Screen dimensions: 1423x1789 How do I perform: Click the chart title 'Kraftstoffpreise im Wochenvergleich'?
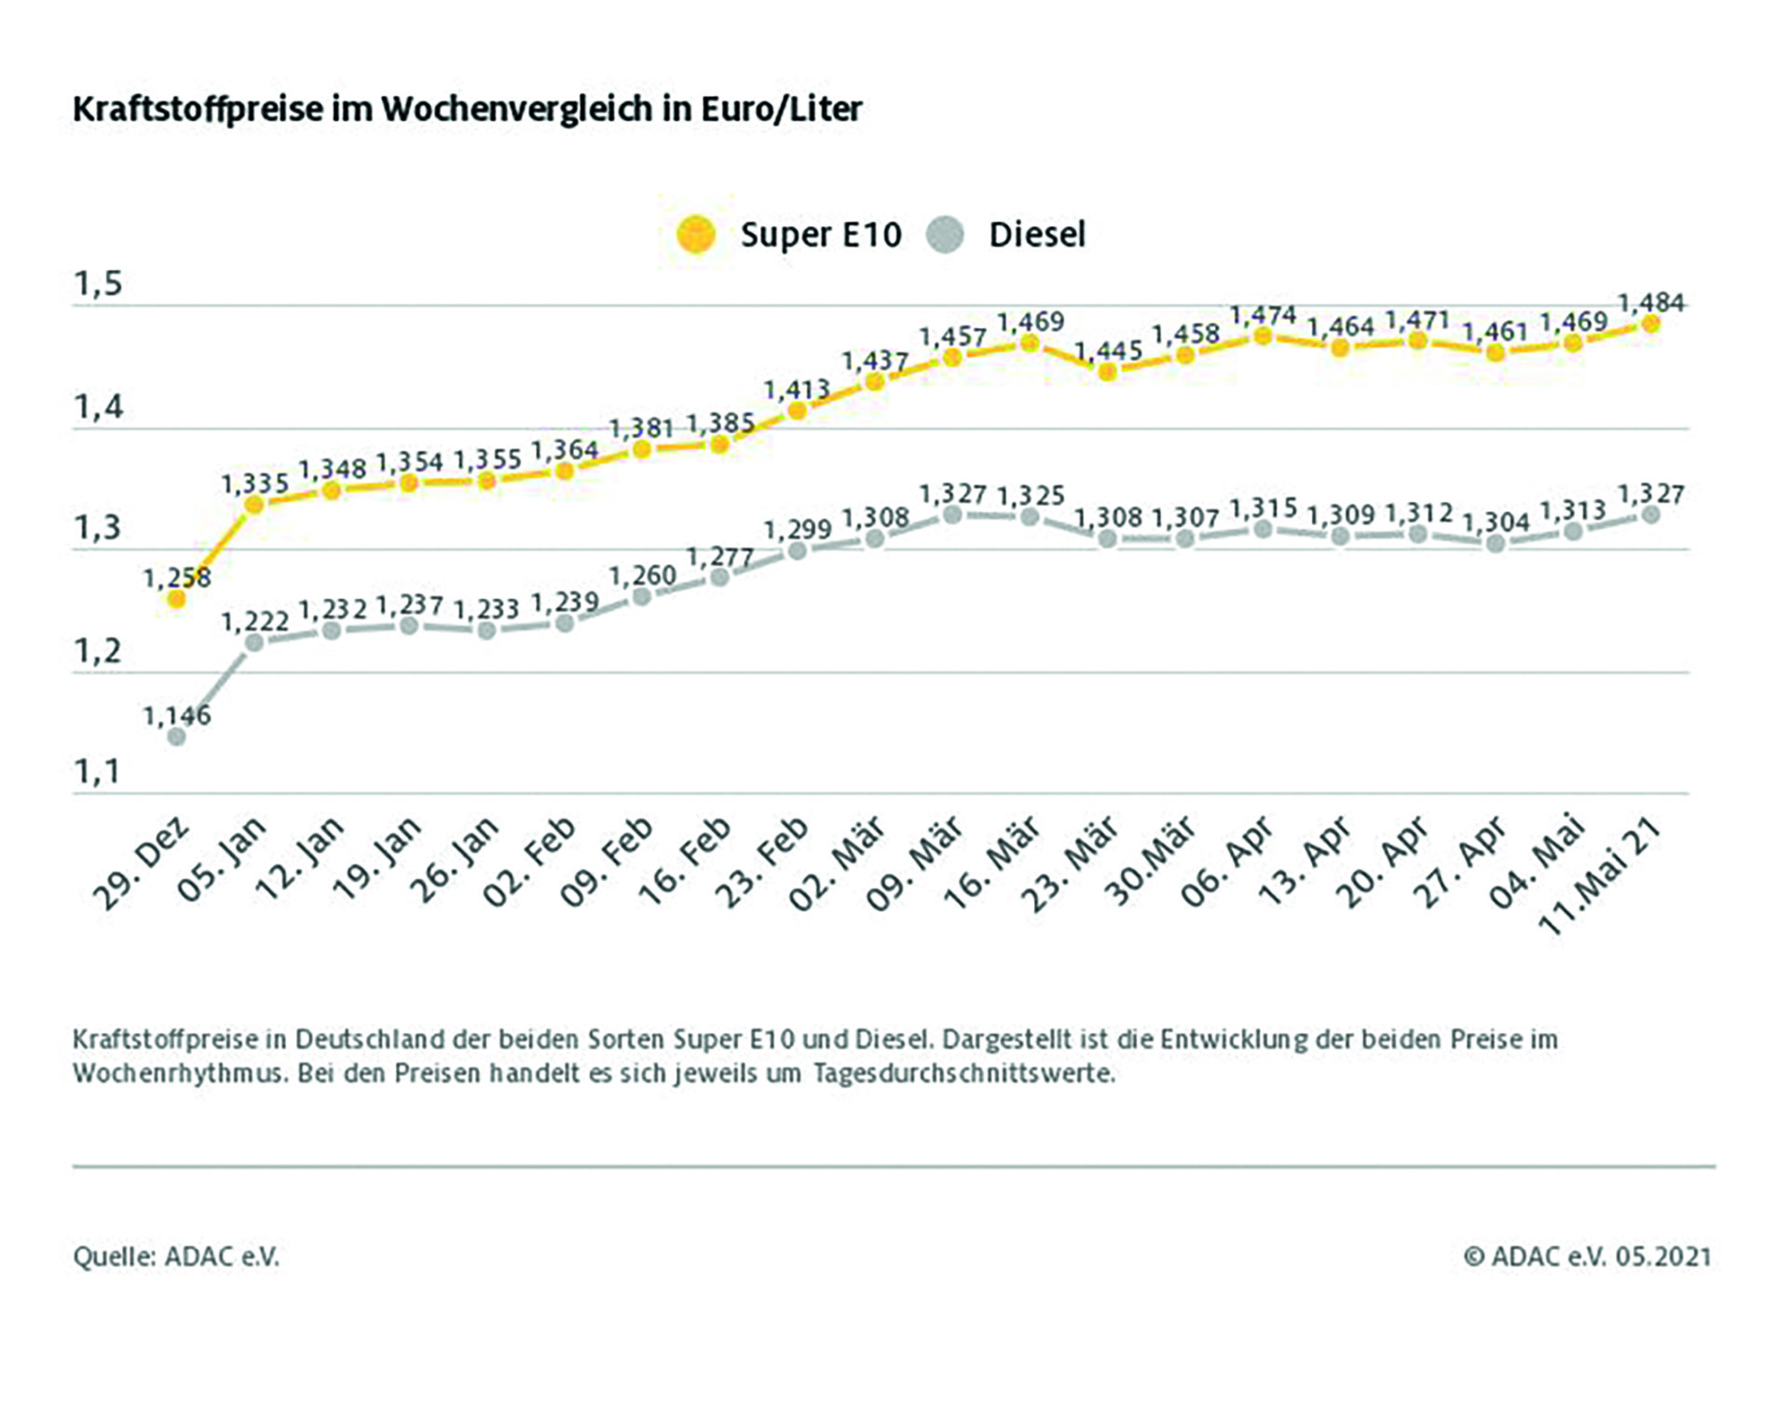point(467,109)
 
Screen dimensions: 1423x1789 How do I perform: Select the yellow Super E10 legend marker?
point(696,235)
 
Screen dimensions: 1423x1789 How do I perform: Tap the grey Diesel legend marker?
point(946,235)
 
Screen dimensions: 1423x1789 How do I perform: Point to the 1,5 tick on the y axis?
point(98,284)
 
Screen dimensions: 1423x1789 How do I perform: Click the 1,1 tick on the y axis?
point(98,772)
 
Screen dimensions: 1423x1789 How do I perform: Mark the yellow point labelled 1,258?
point(176,600)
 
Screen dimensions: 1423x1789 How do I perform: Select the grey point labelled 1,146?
point(176,737)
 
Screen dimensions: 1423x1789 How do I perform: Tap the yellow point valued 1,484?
point(1650,324)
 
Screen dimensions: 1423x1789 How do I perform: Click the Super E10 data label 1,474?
point(1263,316)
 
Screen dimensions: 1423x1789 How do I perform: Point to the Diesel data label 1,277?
point(719,557)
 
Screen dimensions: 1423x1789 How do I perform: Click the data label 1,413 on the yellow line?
point(797,389)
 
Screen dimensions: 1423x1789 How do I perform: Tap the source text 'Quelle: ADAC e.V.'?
point(176,1257)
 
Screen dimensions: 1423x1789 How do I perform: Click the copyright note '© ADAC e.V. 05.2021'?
point(1587,1257)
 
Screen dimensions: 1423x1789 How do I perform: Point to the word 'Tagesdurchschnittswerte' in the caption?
point(963,1074)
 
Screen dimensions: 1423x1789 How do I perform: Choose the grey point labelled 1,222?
point(253,642)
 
